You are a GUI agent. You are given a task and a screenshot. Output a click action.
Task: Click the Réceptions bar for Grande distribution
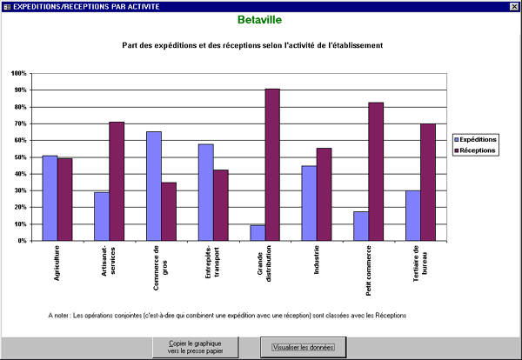(x=272, y=164)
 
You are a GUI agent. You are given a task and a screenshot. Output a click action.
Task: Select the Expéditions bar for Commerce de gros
(x=154, y=186)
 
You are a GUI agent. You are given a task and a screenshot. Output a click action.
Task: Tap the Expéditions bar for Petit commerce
(x=361, y=226)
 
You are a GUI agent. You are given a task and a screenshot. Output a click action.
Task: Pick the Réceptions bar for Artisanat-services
(x=117, y=182)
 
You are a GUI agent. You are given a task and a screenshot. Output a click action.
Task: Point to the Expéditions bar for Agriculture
(x=50, y=198)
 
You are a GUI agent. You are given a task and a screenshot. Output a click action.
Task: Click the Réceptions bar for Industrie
(x=324, y=194)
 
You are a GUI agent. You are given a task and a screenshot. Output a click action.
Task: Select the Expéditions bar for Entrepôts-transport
(x=206, y=192)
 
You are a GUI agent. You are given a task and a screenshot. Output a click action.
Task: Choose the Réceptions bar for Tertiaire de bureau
(x=428, y=183)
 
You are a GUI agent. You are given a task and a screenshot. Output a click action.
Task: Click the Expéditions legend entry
(x=475, y=139)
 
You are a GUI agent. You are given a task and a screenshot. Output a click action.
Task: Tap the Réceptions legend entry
(x=475, y=150)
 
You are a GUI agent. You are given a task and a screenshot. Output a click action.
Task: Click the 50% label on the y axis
(x=19, y=157)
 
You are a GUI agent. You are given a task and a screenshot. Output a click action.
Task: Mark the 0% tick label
(x=21, y=241)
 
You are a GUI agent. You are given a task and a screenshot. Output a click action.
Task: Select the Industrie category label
(x=317, y=260)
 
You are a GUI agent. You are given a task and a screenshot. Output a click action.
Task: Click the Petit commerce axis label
(x=369, y=270)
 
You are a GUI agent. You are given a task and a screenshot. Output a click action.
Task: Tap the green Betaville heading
(x=259, y=20)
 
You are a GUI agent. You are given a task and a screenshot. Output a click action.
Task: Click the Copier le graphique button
(x=196, y=347)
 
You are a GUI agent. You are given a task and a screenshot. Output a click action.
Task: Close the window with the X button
(x=514, y=6)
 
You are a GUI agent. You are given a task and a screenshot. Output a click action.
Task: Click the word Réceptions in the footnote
(x=391, y=316)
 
